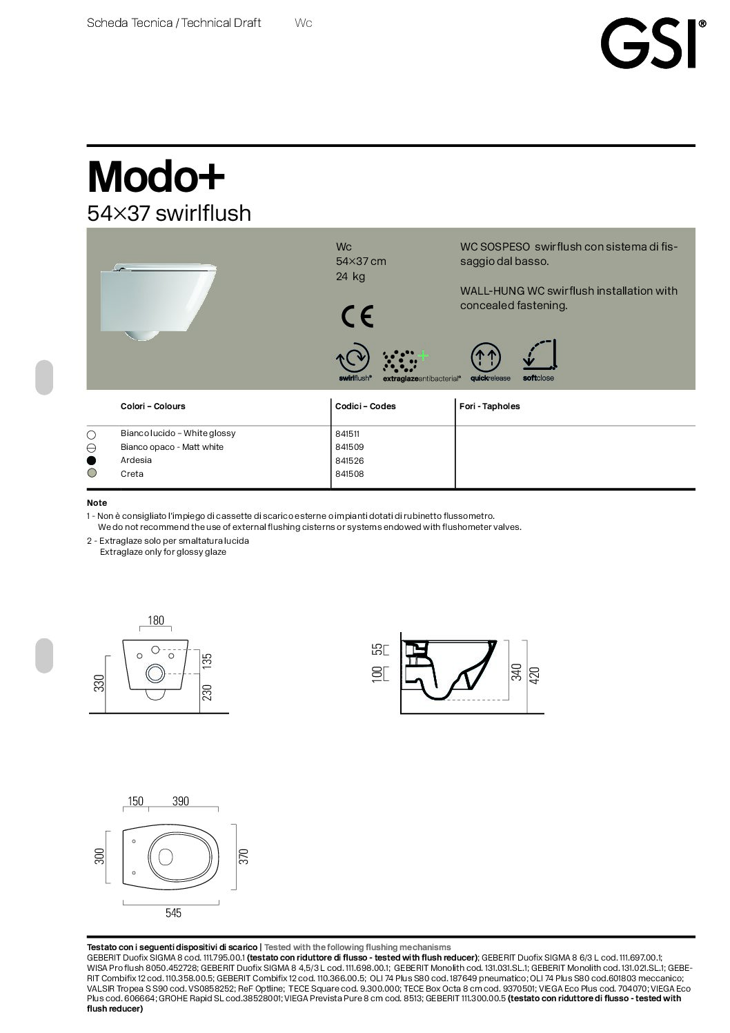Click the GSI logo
[651, 43]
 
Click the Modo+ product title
[156, 177]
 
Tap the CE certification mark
[357, 316]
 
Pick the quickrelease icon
[486, 358]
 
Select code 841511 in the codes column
[348, 434]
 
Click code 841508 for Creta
[349, 474]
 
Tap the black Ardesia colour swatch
[92, 460]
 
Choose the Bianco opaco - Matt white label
[172, 447]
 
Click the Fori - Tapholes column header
[489, 406]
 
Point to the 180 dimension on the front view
[156, 620]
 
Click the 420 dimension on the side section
[534, 674]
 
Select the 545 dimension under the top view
[173, 913]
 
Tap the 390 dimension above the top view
[180, 801]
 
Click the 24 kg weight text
[350, 277]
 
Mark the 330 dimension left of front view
[99, 682]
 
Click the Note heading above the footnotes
[97, 503]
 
